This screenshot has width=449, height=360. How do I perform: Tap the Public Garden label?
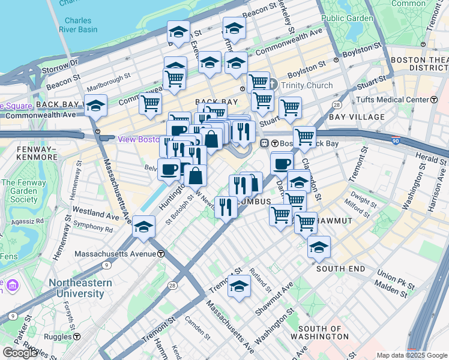coord(347,18)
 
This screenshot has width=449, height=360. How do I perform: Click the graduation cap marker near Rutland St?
coord(239,286)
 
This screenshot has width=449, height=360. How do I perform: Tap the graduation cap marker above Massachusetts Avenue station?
coord(143,227)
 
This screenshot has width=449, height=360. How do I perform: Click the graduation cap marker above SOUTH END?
coord(319,246)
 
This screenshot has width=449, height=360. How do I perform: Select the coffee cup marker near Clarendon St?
coord(282,163)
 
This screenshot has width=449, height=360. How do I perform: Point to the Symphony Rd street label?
coord(92,229)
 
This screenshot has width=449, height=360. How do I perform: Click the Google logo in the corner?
coord(20,353)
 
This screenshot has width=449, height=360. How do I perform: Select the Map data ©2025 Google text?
coord(412,355)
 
